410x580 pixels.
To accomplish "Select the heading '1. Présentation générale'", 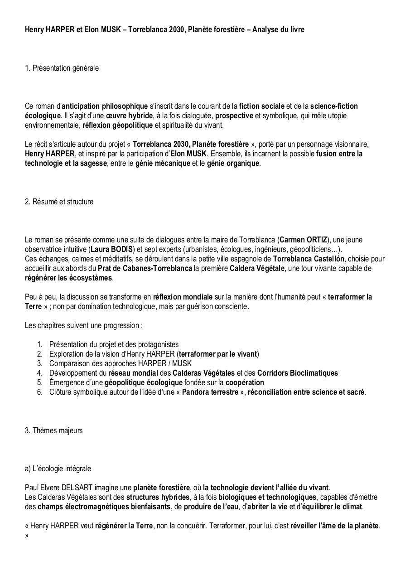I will click(x=62, y=68).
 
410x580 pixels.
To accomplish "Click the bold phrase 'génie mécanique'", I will click(x=163, y=163).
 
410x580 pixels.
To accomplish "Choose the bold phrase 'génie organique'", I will click(x=233, y=163).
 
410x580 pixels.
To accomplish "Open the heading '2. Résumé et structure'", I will click(x=59, y=202).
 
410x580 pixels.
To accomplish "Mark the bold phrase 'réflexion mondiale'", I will click(x=183, y=297).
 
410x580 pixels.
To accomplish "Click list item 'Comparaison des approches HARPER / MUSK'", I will click(x=120, y=363).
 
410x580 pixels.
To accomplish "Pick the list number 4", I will click(x=40, y=373).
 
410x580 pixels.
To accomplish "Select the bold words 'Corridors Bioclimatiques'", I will click(x=297, y=373).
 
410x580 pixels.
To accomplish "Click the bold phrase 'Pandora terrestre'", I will click(x=210, y=392).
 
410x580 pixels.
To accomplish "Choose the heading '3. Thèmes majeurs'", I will click(x=54, y=430).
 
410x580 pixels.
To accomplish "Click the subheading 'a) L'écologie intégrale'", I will click(x=58, y=469).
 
